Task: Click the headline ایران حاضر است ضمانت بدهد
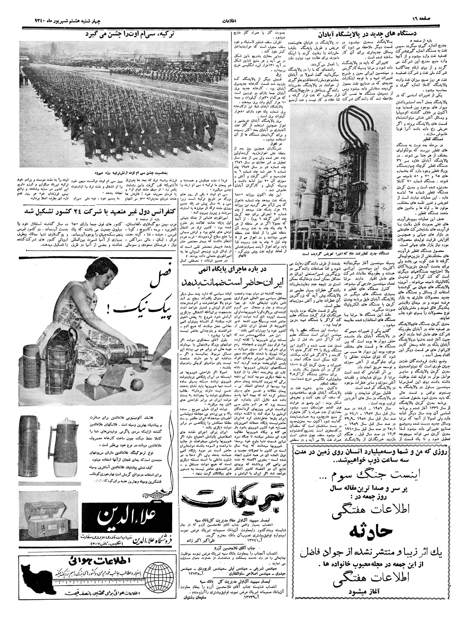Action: tap(233, 282)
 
